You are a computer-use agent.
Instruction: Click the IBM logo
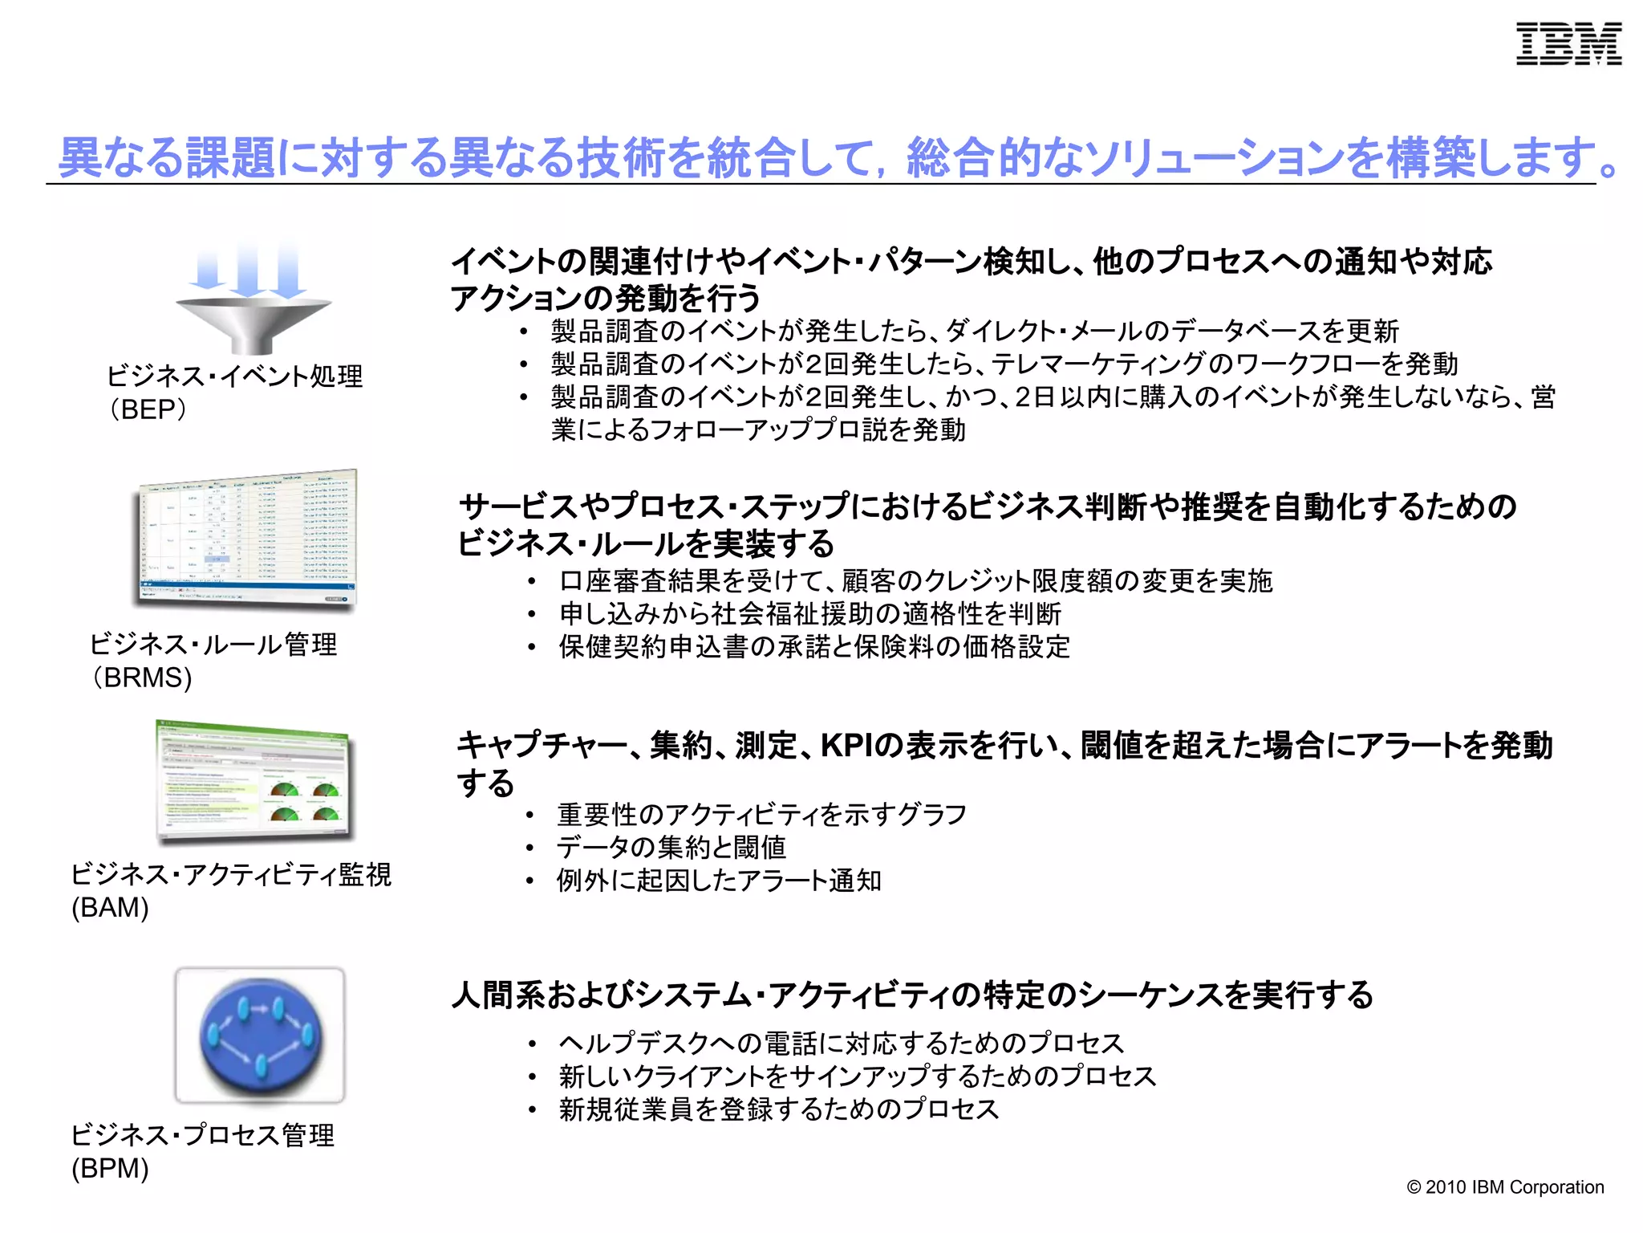1568,44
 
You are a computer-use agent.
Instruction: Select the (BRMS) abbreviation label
141,678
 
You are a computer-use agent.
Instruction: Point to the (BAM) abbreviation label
110,907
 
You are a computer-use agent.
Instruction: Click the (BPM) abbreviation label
110,1168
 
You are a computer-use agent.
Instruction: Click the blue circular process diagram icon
260,1036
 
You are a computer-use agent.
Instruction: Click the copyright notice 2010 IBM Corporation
1505,1187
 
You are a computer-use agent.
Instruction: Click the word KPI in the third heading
846,746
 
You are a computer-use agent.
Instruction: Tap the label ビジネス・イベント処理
235,376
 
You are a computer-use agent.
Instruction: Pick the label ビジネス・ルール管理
213,644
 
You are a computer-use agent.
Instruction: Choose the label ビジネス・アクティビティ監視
231,873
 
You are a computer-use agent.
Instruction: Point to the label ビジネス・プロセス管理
202,1134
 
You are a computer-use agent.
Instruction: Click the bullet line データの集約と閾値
671,848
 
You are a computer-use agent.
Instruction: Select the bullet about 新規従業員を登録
778,1109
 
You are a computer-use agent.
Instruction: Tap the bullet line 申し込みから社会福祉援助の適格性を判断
809,614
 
